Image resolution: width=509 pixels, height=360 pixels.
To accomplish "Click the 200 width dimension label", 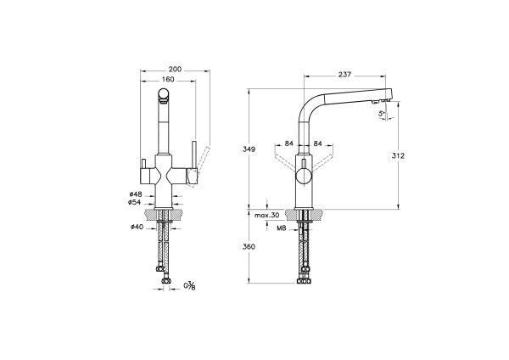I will click(x=176, y=69).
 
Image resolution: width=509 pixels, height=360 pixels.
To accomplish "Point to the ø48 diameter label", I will click(x=135, y=194).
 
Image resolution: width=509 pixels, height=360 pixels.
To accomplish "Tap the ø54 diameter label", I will click(x=135, y=203).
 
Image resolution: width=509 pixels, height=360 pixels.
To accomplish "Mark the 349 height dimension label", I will click(x=249, y=149).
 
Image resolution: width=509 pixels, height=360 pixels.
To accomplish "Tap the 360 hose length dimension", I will click(x=249, y=247).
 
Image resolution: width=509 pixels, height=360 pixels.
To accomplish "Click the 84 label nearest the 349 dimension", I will click(x=289, y=143).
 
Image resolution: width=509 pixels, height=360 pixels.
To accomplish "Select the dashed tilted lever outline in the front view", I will click(x=202, y=157).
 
